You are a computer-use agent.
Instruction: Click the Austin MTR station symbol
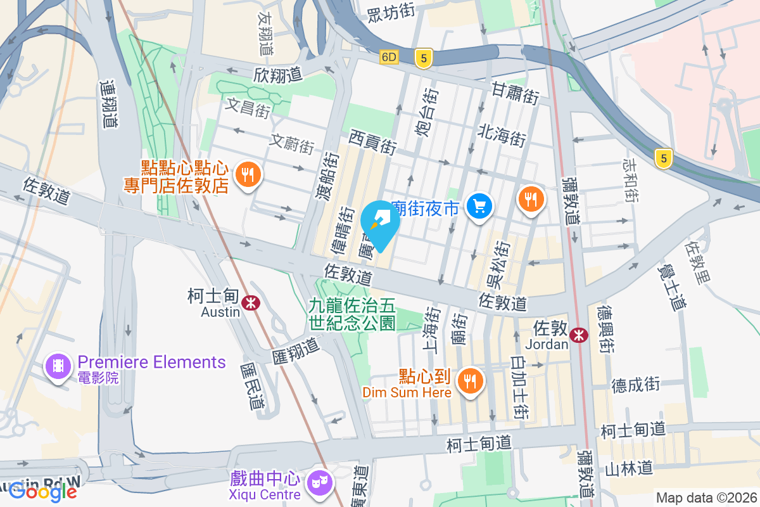pyautogui.click(x=251, y=303)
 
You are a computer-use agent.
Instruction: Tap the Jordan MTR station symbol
pyautogui.click(x=578, y=335)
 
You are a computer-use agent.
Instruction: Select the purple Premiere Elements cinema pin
pyautogui.click(x=58, y=366)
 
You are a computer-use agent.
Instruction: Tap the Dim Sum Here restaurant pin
pyautogui.click(x=469, y=381)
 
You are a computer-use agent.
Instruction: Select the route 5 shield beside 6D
pyautogui.click(x=424, y=58)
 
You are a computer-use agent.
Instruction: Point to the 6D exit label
pyautogui.click(x=389, y=58)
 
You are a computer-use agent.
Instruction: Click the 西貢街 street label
pyautogui.click(x=372, y=142)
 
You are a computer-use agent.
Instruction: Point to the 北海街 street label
pyautogui.click(x=502, y=135)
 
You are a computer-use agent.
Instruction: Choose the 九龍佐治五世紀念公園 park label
pyautogui.click(x=352, y=314)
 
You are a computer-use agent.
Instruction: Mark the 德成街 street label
pyautogui.click(x=635, y=384)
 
